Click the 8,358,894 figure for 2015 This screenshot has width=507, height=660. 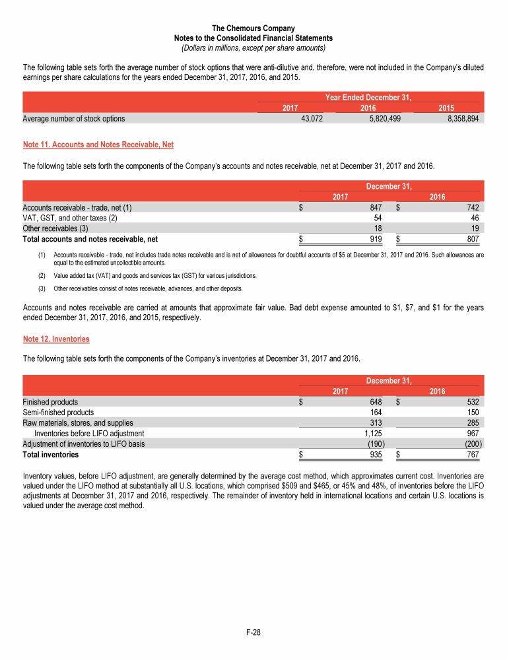[461, 119]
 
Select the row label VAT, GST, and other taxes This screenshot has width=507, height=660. [70, 218]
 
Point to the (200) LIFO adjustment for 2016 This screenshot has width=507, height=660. [473, 444]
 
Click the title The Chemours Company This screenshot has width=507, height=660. [253, 28]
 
